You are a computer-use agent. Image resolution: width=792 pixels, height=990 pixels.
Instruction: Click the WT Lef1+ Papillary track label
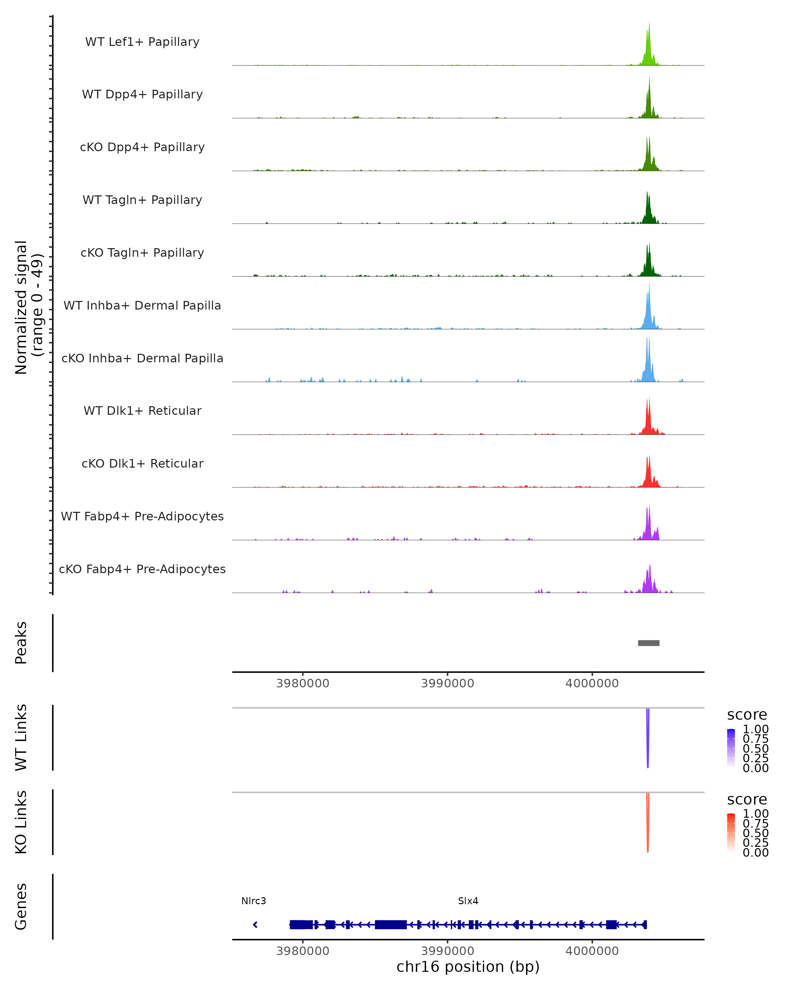point(142,42)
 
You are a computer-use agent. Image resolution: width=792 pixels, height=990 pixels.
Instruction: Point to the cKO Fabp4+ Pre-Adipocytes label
point(142,569)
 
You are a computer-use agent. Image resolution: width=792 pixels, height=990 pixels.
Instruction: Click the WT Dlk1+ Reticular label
point(142,411)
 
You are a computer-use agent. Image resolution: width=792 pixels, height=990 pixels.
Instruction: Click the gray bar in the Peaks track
point(648,643)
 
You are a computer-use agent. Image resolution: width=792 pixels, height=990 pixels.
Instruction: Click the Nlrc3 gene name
point(253,901)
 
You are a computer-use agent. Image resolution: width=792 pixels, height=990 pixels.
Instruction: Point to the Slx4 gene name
point(468,901)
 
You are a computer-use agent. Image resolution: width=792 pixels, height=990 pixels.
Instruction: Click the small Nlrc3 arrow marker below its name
point(255,924)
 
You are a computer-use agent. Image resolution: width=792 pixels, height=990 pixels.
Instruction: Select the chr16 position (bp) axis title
point(468,967)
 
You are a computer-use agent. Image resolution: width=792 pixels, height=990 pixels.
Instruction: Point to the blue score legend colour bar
point(731,747)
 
